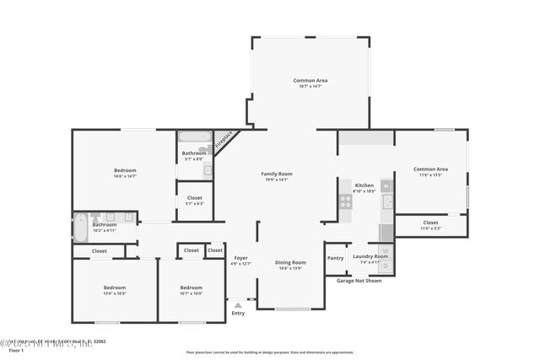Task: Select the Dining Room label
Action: pos(290,262)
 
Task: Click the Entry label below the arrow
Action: pos(238,313)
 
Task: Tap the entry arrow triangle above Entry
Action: pos(239,304)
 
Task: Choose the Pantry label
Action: pos(335,258)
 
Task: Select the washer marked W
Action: pos(385,250)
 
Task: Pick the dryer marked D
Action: pos(385,266)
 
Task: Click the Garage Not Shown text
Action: pos(359,280)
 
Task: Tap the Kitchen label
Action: pos(364,185)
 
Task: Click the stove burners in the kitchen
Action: pos(345,201)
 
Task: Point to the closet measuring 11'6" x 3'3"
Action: pos(430,223)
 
